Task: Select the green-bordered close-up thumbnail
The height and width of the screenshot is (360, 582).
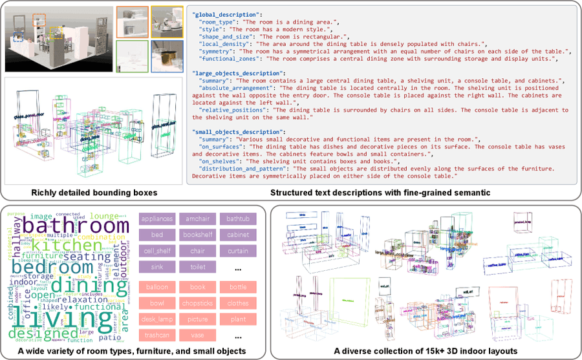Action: [x=133, y=56]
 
